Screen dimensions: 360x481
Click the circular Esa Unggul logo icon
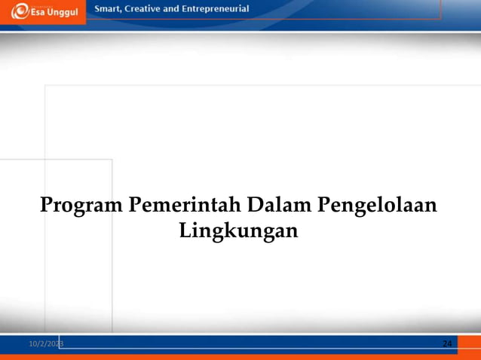(19, 12)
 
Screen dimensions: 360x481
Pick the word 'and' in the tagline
(178, 9)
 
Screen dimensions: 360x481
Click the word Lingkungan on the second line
(239, 230)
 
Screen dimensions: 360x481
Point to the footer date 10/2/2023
(46, 343)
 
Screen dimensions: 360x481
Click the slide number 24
(447, 343)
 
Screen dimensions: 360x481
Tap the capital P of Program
(47, 204)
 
